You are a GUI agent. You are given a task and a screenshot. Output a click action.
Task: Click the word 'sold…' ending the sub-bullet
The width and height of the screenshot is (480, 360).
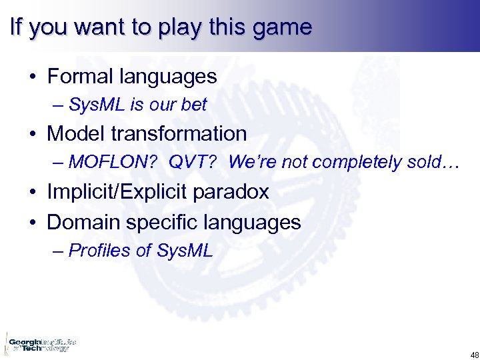tap(434, 162)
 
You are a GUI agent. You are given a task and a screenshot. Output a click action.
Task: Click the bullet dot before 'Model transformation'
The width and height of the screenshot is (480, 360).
tap(33, 134)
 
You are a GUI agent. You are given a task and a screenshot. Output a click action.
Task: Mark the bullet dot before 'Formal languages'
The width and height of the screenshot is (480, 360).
tap(33, 77)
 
